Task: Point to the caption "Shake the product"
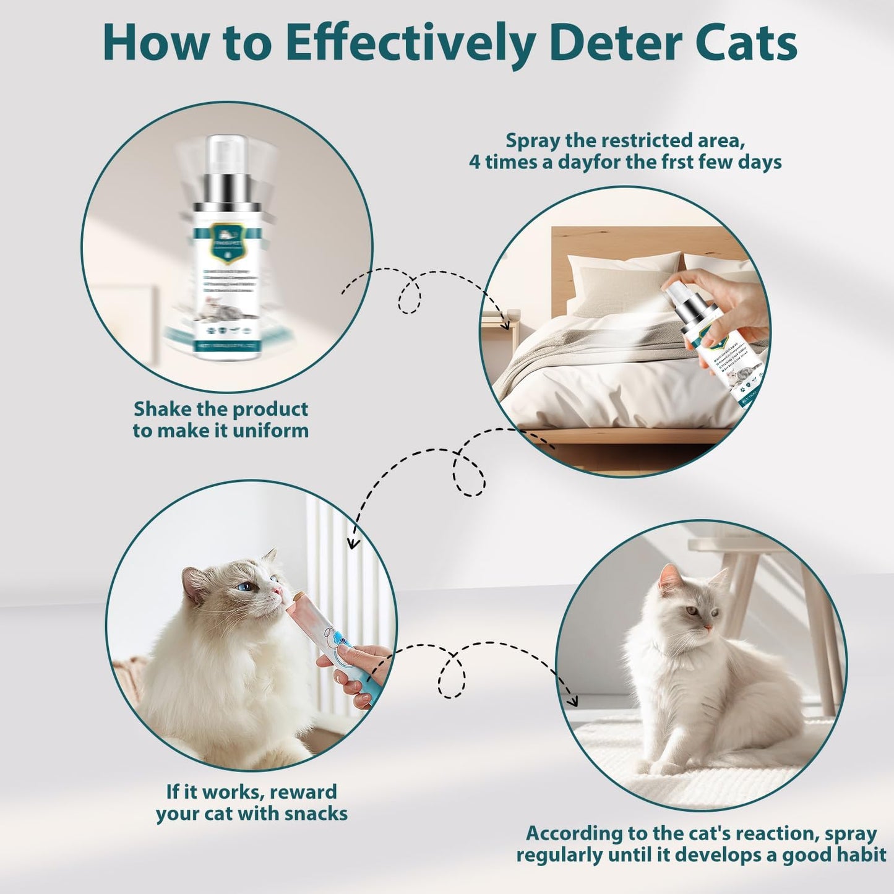point(221,409)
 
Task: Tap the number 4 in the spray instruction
point(475,162)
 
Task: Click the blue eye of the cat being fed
point(246,585)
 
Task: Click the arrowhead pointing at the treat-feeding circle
point(353,543)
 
